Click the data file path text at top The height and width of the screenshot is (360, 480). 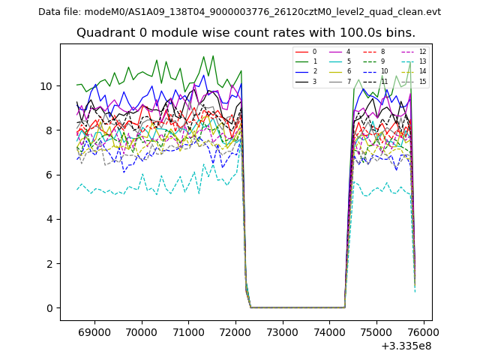coord(240,12)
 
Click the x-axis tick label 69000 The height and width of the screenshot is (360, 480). coord(94,331)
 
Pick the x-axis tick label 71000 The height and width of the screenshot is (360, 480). coord(188,331)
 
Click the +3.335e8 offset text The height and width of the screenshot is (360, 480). coord(406,346)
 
